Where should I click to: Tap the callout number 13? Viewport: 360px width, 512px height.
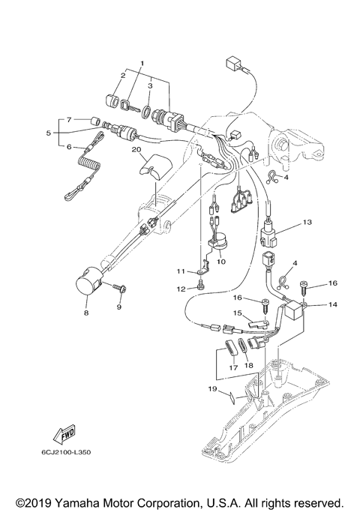(x=306, y=223)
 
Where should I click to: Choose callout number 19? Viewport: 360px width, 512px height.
(x=212, y=389)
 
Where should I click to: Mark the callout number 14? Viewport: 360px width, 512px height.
(x=311, y=305)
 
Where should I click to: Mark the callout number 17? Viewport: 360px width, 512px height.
(x=232, y=367)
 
